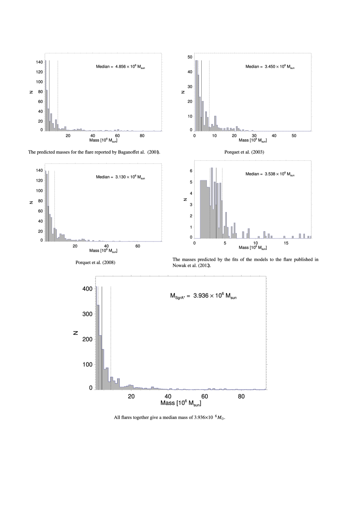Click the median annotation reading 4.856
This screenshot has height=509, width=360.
pos(120,67)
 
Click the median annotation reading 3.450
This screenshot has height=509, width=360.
pos(270,67)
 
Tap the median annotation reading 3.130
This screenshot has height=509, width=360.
pos(120,177)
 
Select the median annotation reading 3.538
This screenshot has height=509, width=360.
pos(270,174)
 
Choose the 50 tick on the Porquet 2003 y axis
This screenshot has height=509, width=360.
pos(190,57)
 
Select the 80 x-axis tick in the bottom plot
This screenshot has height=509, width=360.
pos(241,397)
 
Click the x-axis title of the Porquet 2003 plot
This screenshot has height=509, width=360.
pos(253,140)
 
